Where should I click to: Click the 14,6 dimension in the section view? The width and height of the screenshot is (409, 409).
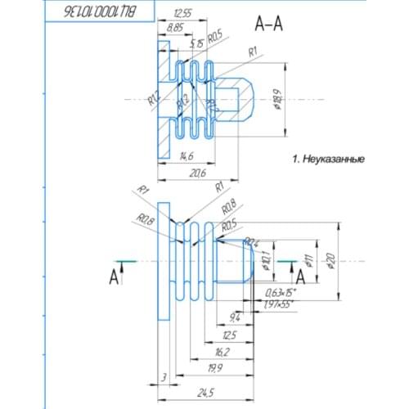tap(186, 155)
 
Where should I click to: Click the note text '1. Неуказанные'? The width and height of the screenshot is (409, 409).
tap(328, 160)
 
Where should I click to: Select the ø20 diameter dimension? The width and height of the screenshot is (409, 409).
tap(330, 260)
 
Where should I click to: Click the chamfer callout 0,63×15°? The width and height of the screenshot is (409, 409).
tap(283, 292)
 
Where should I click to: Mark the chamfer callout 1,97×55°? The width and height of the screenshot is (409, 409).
tap(281, 304)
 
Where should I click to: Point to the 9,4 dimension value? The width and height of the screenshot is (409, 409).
tap(236, 317)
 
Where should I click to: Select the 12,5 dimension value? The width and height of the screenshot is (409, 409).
tap(229, 335)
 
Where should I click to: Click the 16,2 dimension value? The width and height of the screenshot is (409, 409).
tap(220, 352)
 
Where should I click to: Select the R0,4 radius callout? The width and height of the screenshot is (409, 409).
tap(253, 242)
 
